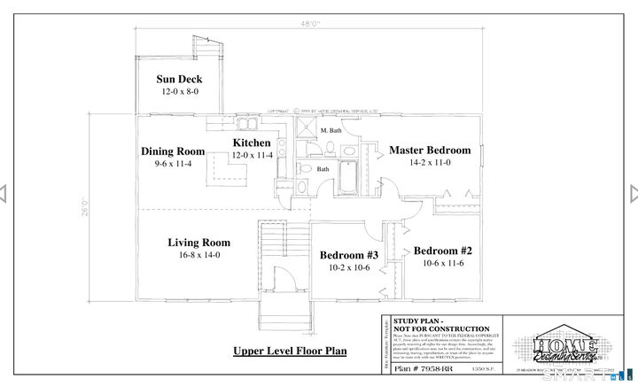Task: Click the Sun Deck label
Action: (179, 79)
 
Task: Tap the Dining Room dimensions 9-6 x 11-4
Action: (173, 164)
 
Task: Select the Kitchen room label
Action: (252, 143)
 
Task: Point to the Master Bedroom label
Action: (430, 150)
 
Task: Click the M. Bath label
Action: (331, 131)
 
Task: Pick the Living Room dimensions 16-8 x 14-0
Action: (199, 255)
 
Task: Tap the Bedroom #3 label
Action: (349, 255)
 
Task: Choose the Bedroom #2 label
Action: (443, 251)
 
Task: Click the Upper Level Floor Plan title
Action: (290, 351)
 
